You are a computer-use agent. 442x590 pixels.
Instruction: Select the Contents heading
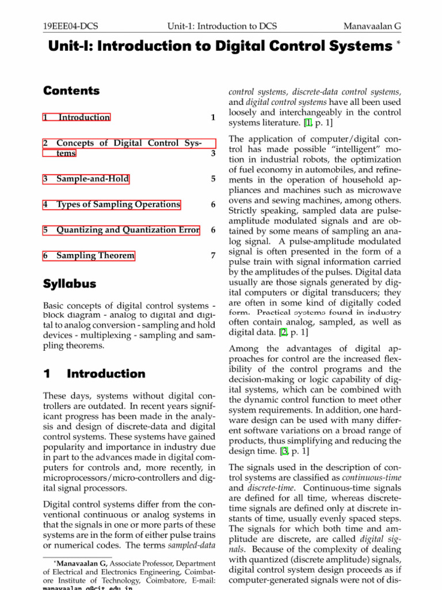(71, 91)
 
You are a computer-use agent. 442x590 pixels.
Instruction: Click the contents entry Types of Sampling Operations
(118, 205)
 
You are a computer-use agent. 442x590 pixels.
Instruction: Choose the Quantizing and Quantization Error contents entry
(128, 230)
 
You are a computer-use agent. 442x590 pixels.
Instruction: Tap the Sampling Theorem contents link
(95, 255)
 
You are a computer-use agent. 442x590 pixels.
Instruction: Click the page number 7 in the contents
(213, 255)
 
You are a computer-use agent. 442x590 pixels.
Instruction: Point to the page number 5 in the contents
(213, 179)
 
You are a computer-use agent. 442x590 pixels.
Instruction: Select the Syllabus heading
(70, 284)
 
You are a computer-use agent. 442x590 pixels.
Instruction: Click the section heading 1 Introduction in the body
(94, 373)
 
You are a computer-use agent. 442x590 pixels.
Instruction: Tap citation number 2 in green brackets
(283, 332)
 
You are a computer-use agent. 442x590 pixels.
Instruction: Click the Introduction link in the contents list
(84, 118)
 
